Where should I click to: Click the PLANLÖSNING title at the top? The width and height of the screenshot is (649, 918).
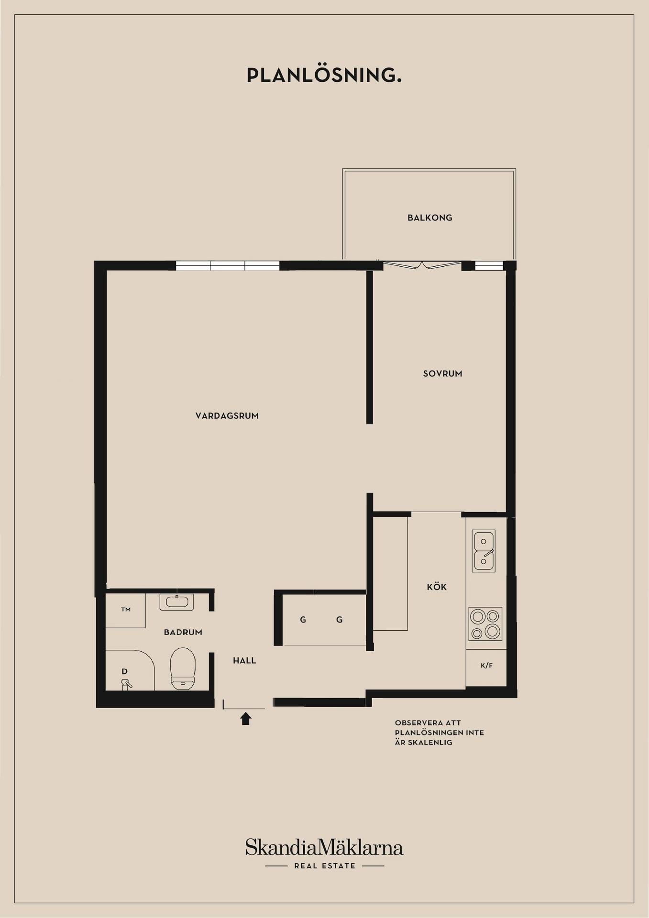coord(324,76)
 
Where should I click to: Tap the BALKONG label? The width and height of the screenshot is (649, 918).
coord(429,218)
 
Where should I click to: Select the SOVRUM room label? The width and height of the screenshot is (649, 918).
coord(442,373)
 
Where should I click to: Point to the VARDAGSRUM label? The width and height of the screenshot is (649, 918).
coord(227,415)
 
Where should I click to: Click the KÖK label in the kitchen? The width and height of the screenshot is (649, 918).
coord(437,586)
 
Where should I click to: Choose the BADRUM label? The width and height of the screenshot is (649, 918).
coord(183,632)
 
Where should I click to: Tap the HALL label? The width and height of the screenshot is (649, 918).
coord(244,661)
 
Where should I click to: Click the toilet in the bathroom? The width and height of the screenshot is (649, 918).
coord(183,669)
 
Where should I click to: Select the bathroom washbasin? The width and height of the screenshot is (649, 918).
coord(176,602)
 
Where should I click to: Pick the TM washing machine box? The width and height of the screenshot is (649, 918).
coord(125,610)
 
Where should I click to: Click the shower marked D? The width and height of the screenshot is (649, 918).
coord(130,670)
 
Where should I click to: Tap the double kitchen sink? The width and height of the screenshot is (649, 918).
coord(484,551)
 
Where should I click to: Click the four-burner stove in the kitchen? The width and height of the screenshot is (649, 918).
coord(485,624)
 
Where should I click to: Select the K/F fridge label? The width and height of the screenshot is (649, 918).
coord(486,666)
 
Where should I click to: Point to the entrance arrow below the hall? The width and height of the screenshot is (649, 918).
coord(246,718)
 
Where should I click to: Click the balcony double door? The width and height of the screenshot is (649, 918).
coord(423,265)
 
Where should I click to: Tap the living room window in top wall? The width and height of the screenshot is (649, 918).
coord(228,266)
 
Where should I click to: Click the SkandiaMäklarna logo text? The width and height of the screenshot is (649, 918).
coord(324,847)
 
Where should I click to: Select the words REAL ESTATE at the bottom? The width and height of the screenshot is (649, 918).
coord(325,866)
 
